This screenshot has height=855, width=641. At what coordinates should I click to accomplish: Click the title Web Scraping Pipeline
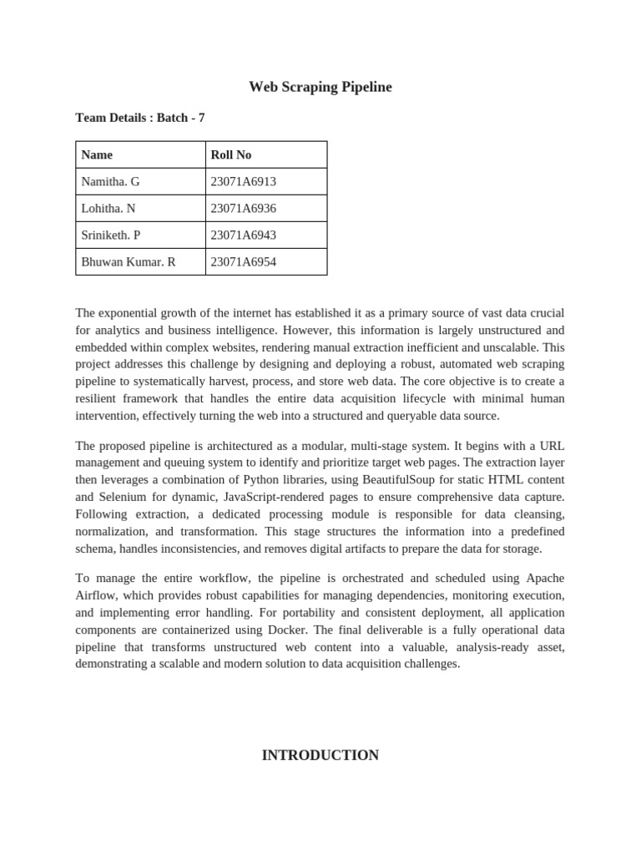[x=320, y=87]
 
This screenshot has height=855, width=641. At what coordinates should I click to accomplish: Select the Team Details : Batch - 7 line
[x=139, y=118]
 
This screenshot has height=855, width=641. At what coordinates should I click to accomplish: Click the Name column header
[x=97, y=154]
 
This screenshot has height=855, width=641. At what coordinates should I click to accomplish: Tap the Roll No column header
[x=231, y=154]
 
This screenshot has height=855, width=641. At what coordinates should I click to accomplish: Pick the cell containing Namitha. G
[x=111, y=181]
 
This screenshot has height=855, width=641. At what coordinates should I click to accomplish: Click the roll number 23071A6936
[x=244, y=208]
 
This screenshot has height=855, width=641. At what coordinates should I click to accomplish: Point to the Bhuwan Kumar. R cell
[x=128, y=261]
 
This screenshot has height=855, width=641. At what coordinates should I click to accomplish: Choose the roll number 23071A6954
[x=244, y=261]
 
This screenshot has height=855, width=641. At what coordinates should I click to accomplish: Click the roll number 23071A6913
[x=244, y=181]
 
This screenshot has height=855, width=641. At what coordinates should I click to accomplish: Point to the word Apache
[x=544, y=578]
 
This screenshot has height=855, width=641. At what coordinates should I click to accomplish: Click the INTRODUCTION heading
[x=320, y=755]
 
